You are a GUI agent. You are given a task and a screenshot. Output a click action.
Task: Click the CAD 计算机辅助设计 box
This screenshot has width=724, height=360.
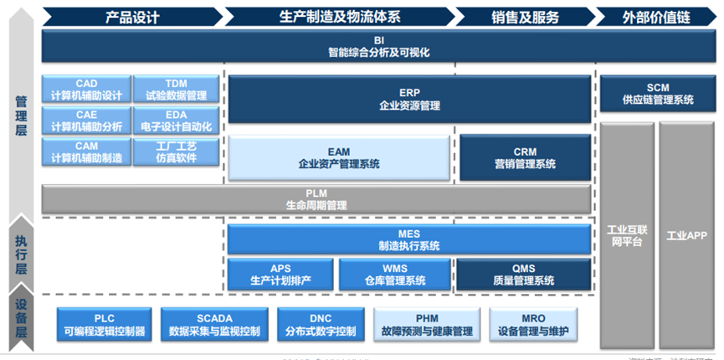(86, 90)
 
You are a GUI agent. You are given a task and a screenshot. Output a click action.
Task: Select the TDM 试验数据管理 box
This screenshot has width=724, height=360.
(176, 90)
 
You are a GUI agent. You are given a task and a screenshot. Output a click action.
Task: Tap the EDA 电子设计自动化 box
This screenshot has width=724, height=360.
(176, 121)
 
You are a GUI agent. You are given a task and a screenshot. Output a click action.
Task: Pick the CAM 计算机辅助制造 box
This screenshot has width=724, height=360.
(86, 152)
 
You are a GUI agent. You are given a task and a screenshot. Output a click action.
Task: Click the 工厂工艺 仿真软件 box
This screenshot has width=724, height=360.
(176, 152)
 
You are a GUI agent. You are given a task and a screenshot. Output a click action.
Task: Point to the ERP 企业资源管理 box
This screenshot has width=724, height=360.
(408, 100)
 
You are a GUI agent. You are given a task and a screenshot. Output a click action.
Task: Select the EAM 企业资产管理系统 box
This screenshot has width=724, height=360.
(338, 157)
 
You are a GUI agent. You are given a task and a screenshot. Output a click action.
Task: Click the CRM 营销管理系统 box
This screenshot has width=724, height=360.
(524, 157)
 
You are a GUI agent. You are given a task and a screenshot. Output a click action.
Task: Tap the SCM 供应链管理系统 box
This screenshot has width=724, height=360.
(657, 94)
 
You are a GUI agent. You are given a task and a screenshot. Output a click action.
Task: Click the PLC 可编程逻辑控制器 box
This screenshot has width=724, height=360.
(104, 325)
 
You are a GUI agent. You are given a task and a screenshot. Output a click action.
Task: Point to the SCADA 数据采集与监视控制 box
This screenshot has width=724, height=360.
(214, 325)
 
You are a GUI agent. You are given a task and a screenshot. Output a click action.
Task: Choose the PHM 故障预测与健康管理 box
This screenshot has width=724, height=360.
(426, 325)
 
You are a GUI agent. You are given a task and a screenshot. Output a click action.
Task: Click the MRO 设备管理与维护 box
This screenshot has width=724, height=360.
(533, 325)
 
